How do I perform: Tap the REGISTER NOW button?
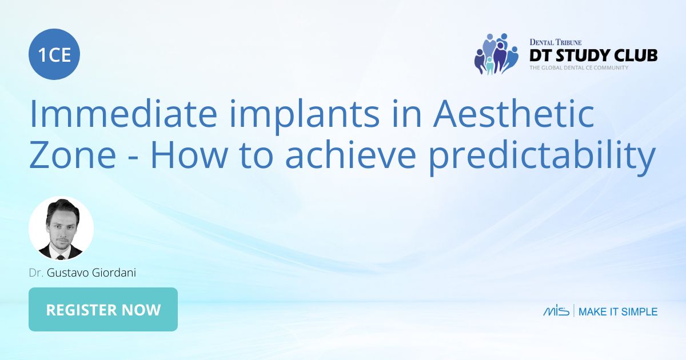(103, 310)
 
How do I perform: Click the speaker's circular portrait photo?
(61, 229)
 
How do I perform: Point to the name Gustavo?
(68, 273)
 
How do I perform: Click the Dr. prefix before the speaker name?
(37, 273)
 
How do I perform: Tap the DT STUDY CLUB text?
(593, 55)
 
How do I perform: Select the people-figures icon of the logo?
(496, 54)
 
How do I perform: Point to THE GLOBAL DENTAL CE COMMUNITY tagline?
(579, 68)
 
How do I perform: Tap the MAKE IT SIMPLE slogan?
(618, 311)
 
